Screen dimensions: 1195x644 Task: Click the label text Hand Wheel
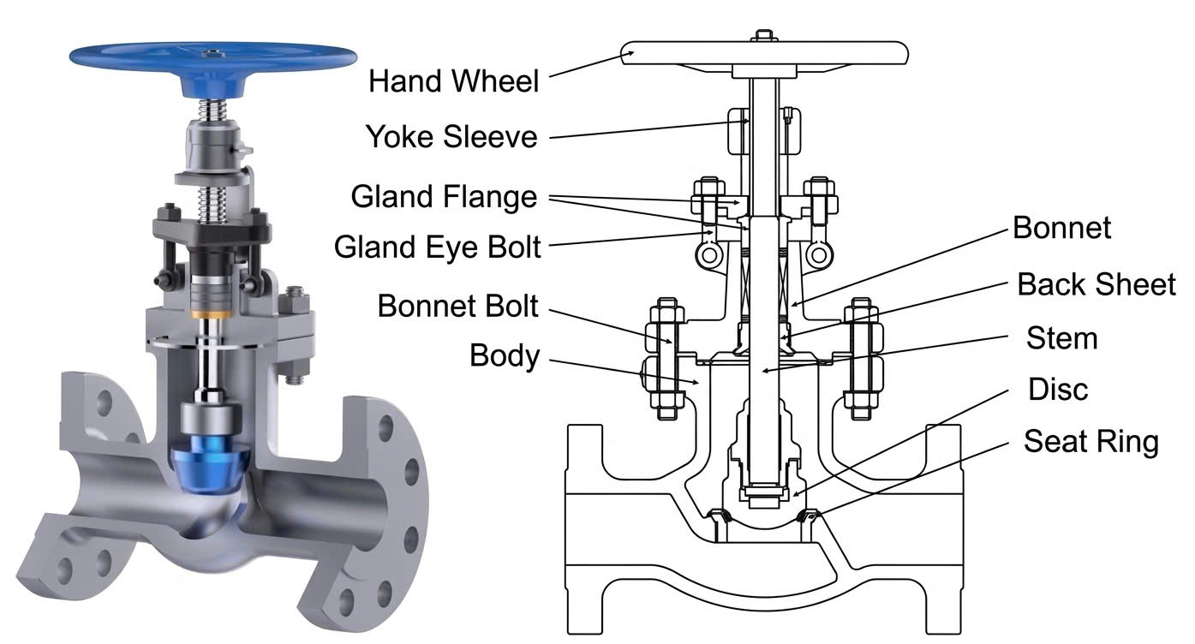[x=453, y=81]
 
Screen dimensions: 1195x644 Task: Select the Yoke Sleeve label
[x=451, y=136]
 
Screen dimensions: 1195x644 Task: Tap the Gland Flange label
[x=444, y=197]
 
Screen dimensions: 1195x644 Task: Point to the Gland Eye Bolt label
[x=438, y=247]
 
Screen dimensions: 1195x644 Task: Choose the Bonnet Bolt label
[x=457, y=306]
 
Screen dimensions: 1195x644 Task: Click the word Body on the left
[x=505, y=355]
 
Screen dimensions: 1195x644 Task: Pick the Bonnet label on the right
[x=1061, y=228]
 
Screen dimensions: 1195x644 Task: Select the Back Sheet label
[x=1096, y=284]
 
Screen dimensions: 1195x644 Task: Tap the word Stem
[x=1061, y=338]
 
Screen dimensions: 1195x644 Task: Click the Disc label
[x=1058, y=389]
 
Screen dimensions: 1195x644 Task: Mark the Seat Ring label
[x=1091, y=441]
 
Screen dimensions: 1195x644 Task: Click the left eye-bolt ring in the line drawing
[x=709, y=255]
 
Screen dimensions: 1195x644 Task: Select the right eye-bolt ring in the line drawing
[x=819, y=255]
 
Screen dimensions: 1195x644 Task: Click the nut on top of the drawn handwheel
[x=764, y=35]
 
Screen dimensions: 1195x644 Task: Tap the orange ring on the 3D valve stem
[x=211, y=314]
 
